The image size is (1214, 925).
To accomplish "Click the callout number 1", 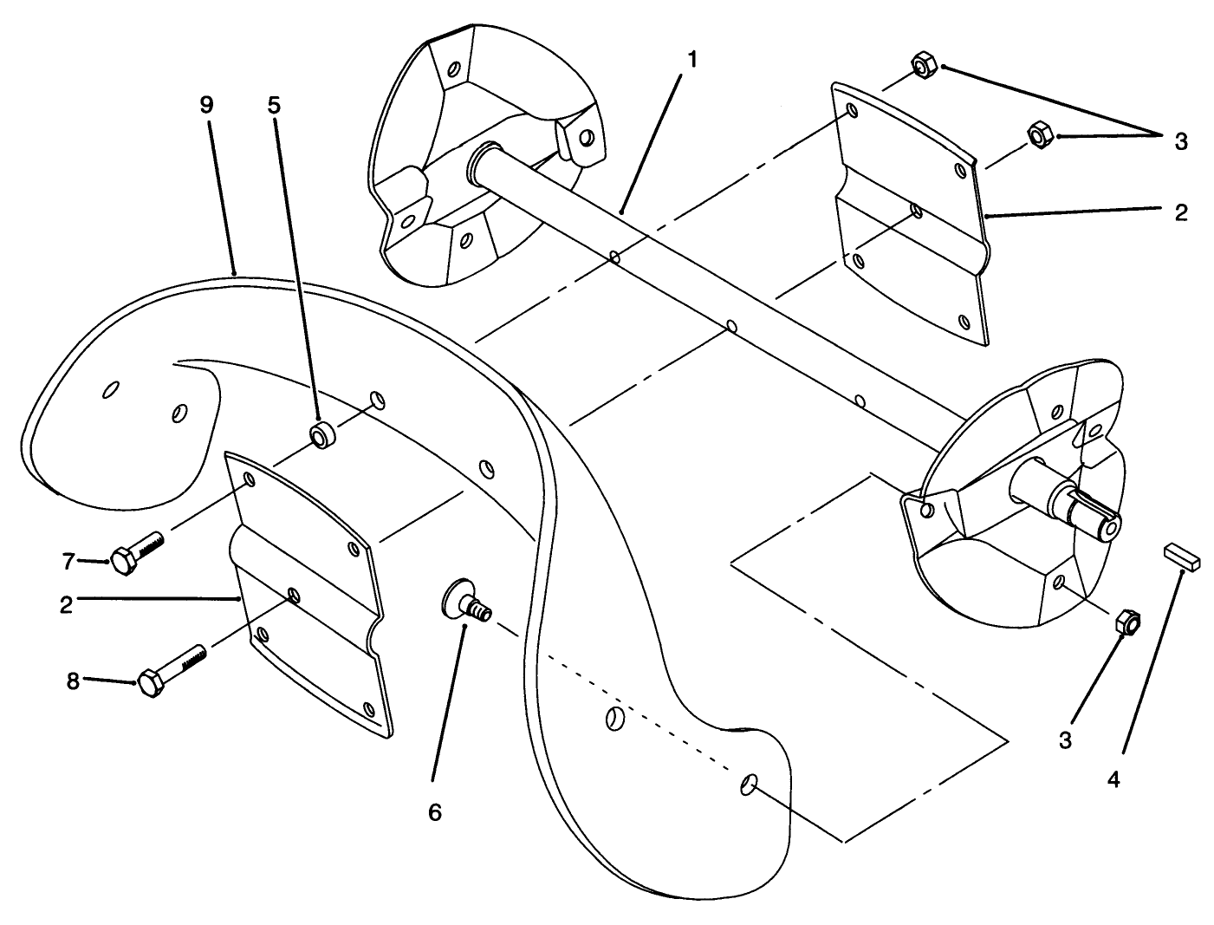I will (x=691, y=59).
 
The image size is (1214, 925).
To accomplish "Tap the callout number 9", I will (x=205, y=105).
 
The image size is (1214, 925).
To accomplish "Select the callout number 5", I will (x=274, y=105).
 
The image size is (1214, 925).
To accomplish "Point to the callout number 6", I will (x=435, y=812).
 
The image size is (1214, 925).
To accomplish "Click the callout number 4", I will (x=1113, y=779).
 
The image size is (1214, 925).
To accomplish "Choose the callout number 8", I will (x=74, y=681).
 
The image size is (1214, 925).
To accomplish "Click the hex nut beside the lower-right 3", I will (x=1126, y=622).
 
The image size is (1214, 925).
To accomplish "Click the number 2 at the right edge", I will (x=1181, y=212).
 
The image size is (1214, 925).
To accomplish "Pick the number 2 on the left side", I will (x=66, y=604).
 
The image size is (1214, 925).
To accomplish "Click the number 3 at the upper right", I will (x=1181, y=142).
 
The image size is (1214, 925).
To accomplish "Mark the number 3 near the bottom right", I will (x=1065, y=740).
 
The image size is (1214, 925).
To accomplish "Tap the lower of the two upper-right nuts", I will (x=1039, y=134).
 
